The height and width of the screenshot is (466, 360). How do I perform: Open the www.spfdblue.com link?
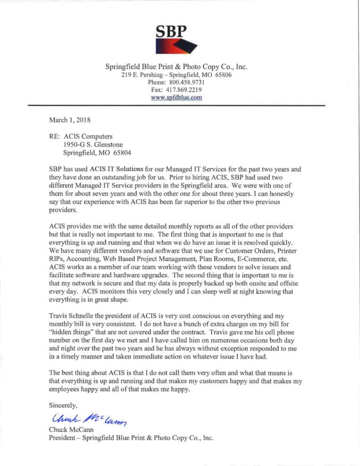(176, 97)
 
